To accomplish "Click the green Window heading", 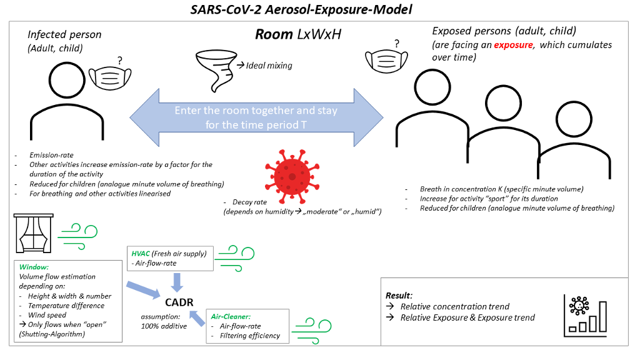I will tap(29, 266).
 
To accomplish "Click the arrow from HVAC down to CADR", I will tap(177, 282).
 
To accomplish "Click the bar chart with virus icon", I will tap(586, 312).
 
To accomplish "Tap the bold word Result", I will tap(399, 294).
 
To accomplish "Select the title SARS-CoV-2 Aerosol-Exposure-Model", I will tap(319, 10).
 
